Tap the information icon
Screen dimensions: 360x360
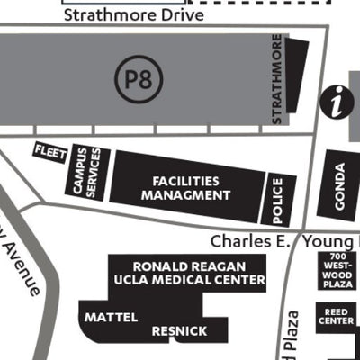tap(338, 102)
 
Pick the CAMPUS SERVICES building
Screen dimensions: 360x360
tap(88, 171)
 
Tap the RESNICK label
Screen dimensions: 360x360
tap(179, 331)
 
